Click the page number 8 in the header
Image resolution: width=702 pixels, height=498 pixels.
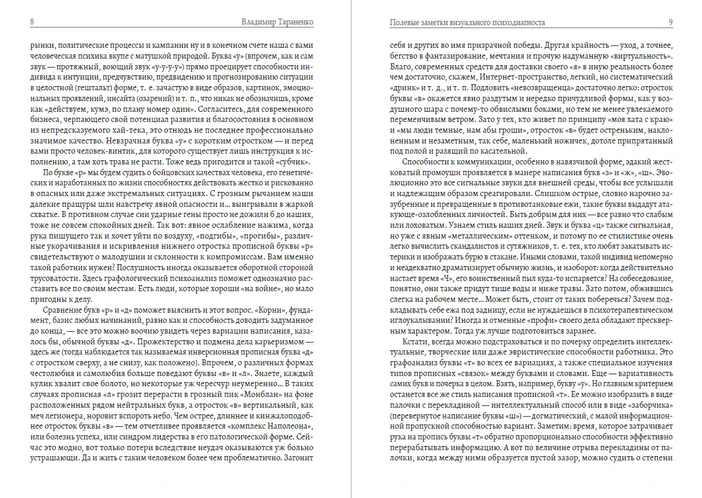[x=31, y=22]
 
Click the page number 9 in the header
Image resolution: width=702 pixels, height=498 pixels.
[x=671, y=22]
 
